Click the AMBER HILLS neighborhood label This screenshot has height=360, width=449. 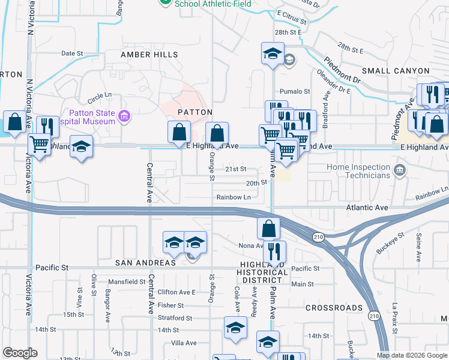[149, 55]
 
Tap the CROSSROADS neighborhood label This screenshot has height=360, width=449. [334, 308]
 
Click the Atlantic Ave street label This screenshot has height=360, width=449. [367, 208]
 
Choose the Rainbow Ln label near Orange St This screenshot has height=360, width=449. [234, 197]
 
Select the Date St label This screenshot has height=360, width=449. [71, 53]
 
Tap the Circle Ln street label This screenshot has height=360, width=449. [100, 95]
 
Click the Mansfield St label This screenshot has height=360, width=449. [127, 281]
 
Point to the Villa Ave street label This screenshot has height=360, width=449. [184, 343]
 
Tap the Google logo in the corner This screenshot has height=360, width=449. [20, 353]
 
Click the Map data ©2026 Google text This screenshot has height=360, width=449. [412, 355]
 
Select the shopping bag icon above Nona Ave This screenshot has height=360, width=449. [268, 229]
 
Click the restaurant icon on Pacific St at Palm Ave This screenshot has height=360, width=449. [275, 253]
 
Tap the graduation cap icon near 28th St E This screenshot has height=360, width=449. [273, 53]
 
